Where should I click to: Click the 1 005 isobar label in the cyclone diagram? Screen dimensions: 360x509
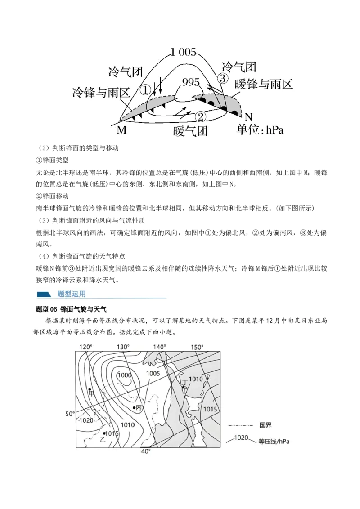click(x=184, y=52)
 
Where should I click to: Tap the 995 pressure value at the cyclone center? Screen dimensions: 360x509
click(x=191, y=82)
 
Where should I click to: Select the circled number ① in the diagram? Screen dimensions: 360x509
click(x=145, y=89)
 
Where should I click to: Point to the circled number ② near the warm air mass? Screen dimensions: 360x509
click(x=201, y=116)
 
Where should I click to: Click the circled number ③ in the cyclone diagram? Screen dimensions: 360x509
click(x=223, y=79)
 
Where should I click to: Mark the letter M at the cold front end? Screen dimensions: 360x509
click(x=121, y=130)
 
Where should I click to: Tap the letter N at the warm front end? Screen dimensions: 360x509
click(x=248, y=117)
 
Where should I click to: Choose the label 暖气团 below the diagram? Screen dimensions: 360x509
click(x=190, y=131)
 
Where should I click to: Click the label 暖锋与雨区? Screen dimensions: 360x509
click(x=264, y=84)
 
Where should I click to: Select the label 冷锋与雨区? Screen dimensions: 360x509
click(x=101, y=93)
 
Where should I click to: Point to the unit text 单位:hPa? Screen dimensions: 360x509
click(x=260, y=130)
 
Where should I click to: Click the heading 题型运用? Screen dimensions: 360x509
click(x=72, y=294)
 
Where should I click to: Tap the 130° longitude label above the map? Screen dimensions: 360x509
click(x=123, y=347)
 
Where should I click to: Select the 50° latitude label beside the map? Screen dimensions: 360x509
click(x=70, y=414)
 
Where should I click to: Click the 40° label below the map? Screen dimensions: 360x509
click(x=146, y=451)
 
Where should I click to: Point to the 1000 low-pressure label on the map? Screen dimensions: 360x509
click(x=125, y=375)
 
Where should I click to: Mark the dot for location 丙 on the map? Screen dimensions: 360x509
click(x=134, y=407)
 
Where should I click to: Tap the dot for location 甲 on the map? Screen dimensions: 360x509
click(x=90, y=389)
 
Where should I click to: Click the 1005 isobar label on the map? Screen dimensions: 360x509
click(x=153, y=373)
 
